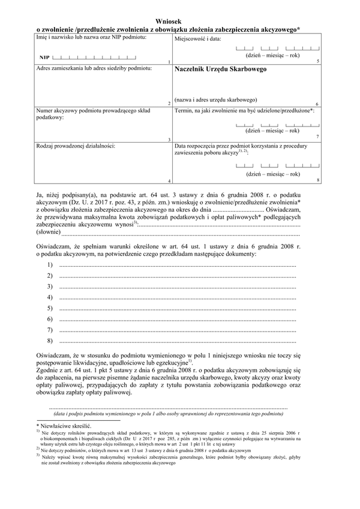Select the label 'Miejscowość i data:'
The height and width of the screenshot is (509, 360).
pos(198,38)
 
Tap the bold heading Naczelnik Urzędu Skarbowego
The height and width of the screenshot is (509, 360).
pos(220,69)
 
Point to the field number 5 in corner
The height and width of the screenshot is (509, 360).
pos(317,62)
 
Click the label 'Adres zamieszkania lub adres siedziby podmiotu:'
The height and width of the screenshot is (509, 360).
pos(94,69)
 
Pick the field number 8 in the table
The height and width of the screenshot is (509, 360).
pos(317,180)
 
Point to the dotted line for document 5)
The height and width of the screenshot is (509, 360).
pos(177,308)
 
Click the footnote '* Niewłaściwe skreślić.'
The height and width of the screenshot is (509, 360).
pos(62,424)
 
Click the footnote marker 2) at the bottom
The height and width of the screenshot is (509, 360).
pos(37,448)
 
